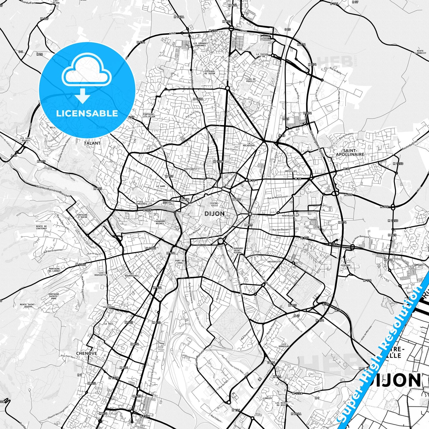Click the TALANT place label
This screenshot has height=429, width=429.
click(92, 143)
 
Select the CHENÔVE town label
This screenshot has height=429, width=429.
click(87, 353)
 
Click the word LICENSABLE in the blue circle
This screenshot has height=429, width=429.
click(87, 113)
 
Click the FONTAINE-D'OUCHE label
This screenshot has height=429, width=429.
click(82, 216)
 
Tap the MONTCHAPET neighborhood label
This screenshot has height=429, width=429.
click(191, 169)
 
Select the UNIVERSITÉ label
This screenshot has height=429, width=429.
click(274, 262)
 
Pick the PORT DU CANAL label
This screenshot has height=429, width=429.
click(180, 262)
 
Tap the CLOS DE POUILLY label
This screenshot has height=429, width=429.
click(251, 80)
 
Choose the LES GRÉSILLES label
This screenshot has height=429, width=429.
click(290, 170)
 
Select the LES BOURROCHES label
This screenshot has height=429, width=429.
click(134, 275)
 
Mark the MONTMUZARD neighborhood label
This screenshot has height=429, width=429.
click(288, 216)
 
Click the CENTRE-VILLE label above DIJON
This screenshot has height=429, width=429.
click(214, 204)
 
